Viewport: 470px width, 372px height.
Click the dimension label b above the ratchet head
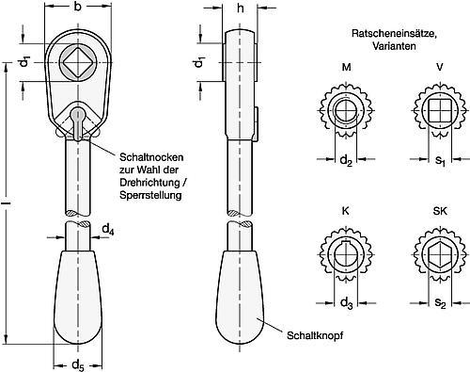coord(77,8)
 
